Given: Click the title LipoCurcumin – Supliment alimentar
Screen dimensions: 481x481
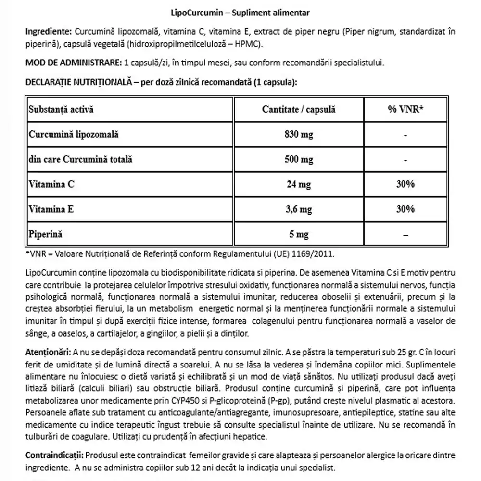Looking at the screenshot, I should tap(240, 12).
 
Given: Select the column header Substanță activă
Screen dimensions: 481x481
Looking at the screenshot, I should tap(61, 109).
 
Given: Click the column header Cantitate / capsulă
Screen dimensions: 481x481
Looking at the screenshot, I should tap(299, 109).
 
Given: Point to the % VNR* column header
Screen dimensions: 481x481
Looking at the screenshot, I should tap(405, 109).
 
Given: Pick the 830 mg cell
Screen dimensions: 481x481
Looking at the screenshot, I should tap(299, 134).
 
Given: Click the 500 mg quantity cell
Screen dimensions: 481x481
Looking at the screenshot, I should tap(299, 159).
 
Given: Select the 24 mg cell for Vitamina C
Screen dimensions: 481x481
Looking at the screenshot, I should tap(299, 184).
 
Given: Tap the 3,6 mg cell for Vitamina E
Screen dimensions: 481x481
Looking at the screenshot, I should tap(299, 209).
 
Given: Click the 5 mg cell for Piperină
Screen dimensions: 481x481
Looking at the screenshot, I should tap(299, 234).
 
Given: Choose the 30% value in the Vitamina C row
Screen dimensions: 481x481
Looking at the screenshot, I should tap(405, 184).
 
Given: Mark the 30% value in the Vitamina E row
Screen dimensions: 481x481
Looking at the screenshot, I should tap(405, 209).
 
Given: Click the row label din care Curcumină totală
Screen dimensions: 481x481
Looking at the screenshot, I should tap(80, 159).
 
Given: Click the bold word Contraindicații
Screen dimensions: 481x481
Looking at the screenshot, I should tap(54, 455).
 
